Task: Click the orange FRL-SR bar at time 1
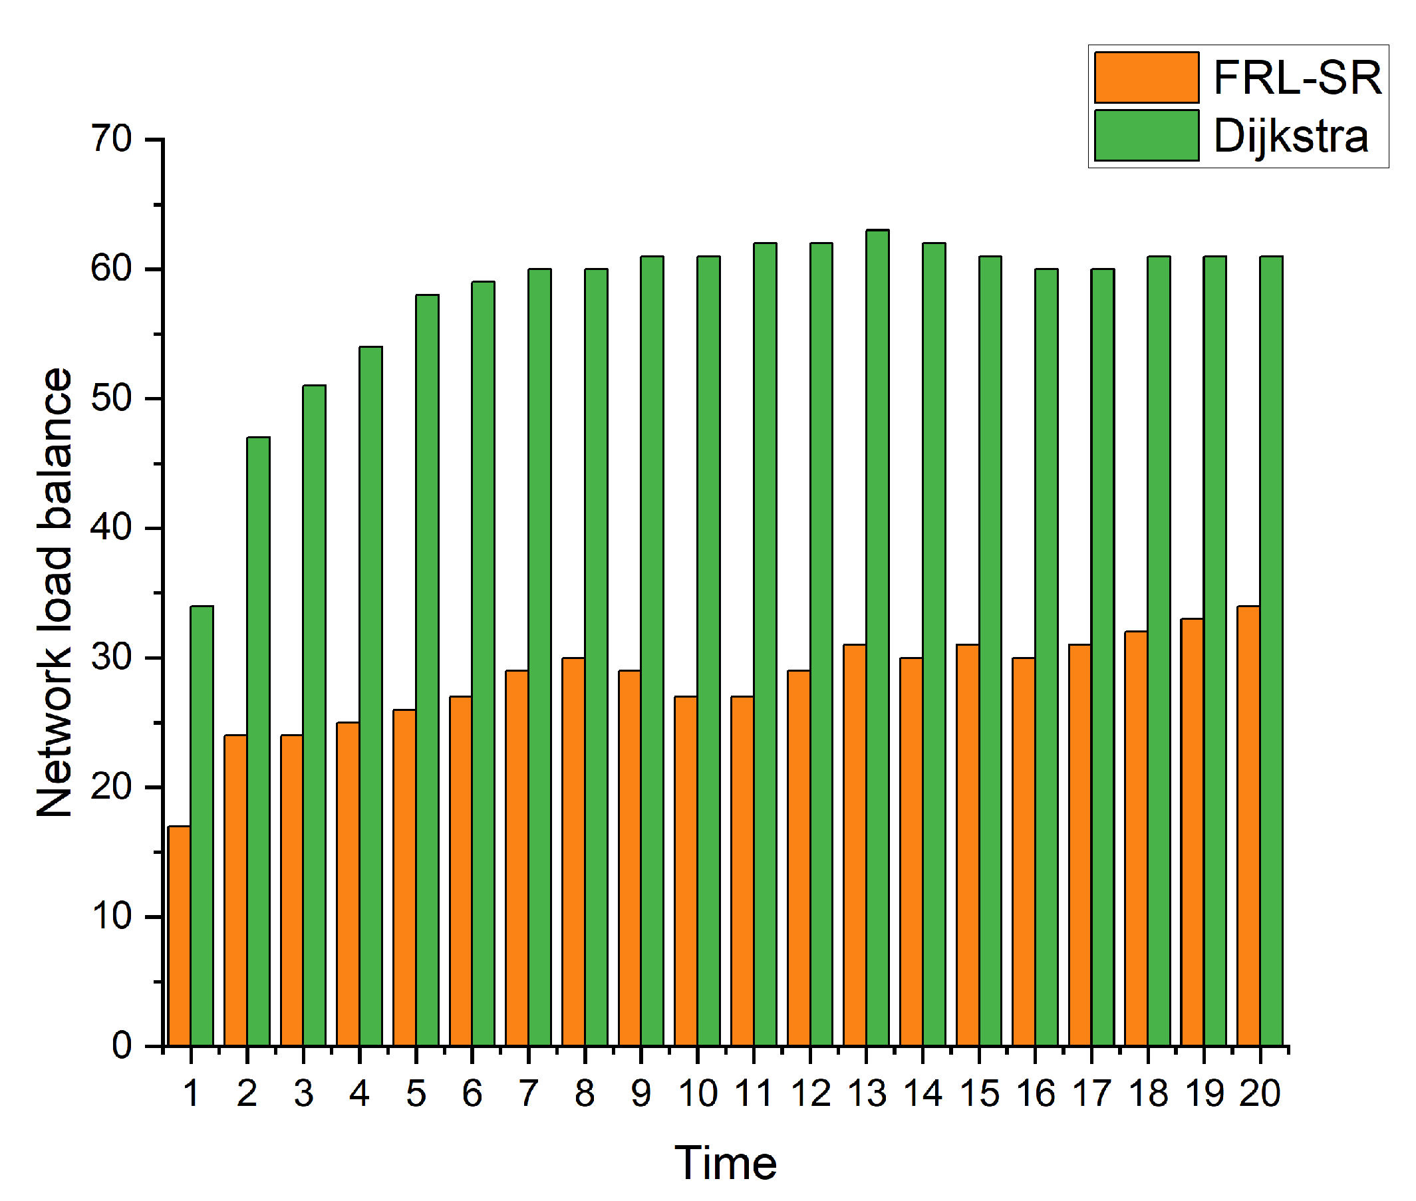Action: pos(179,936)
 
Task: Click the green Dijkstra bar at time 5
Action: pos(427,670)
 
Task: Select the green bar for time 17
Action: pos(1102,657)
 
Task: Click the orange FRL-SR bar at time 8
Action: pos(573,851)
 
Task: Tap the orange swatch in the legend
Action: pos(1147,78)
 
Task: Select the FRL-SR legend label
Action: pos(1297,78)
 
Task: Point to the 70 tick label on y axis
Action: pos(112,140)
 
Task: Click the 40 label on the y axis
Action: pos(112,527)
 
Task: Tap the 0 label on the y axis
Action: pos(122,1045)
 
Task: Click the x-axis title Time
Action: pos(725,1163)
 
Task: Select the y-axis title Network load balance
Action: pos(55,593)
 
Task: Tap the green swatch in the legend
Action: pos(1147,136)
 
